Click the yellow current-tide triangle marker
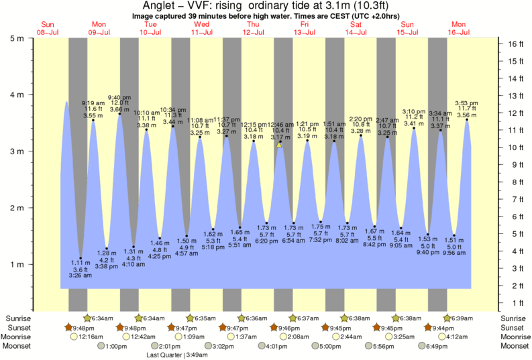279,144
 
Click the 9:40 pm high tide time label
120,97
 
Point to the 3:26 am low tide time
80,276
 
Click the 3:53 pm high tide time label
468,103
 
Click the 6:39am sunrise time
462,318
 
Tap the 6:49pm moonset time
435,347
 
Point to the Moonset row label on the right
516,347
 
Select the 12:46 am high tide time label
281,125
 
